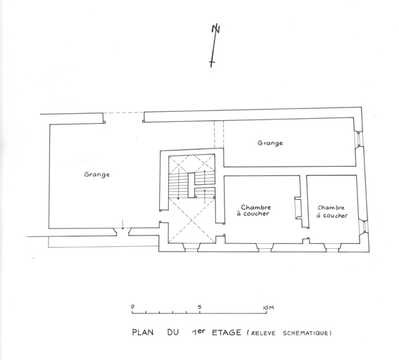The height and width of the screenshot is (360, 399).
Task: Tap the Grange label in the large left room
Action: [97, 174]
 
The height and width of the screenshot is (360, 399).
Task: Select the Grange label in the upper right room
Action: [270, 143]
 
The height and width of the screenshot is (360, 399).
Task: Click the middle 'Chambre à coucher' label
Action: [255, 210]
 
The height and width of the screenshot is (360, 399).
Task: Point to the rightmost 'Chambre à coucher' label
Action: [332, 212]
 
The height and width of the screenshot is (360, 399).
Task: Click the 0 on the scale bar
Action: [132, 307]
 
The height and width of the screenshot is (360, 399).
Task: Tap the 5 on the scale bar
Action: [200, 307]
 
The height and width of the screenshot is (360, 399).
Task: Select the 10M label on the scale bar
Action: [268, 308]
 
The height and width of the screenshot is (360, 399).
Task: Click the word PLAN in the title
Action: [143, 333]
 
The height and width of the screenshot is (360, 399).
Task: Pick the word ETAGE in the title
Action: [226, 333]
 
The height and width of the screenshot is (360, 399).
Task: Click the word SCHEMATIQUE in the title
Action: [305, 333]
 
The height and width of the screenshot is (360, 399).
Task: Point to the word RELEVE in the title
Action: [263, 333]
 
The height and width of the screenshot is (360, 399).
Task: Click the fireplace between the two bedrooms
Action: [298, 207]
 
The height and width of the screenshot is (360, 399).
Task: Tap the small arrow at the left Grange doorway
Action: [122, 224]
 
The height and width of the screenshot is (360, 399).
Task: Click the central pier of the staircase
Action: [191, 185]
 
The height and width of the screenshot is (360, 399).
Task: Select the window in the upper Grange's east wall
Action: [359, 139]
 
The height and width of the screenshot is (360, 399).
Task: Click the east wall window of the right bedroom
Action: [365, 226]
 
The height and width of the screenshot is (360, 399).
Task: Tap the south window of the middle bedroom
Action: [265, 247]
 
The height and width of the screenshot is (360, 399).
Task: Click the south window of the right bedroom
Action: [332, 247]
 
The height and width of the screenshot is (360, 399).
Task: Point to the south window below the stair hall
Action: [191, 247]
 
